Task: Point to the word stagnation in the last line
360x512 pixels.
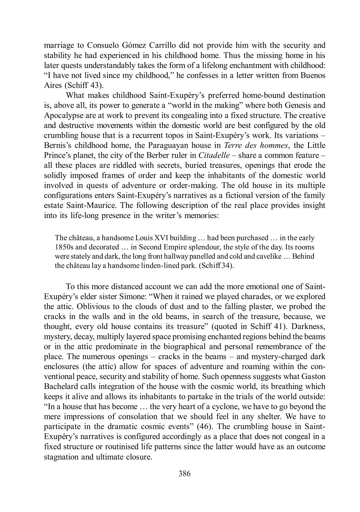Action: coord(63,457)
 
